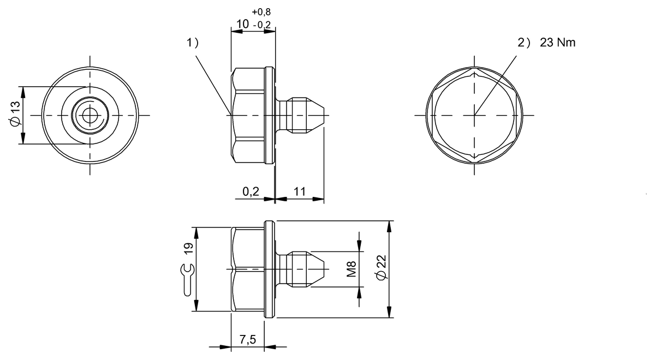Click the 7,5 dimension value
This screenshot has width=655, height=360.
[x=248, y=339]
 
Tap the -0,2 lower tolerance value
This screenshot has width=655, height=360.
[x=263, y=24]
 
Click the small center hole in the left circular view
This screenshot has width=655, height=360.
[x=91, y=115]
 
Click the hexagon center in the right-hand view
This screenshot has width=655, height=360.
[x=474, y=115]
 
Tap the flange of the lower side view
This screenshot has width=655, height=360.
[x=269, y=269]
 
